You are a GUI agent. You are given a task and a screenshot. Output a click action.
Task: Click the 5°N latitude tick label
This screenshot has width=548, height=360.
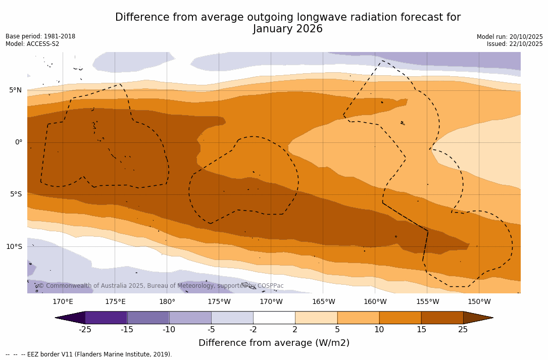click(x=15, y=90)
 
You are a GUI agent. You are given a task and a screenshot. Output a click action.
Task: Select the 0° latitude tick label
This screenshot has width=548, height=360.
click(x=19, y=142)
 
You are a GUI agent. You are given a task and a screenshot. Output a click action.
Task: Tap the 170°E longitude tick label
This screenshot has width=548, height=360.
click(x=63, y=302)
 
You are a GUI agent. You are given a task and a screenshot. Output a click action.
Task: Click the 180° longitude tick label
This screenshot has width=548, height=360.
click(x=167, y=302)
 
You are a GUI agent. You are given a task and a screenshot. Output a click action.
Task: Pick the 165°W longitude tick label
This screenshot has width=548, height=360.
click(x=323, y=302)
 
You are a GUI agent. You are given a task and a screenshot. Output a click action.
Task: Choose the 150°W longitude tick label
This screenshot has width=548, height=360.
click(x=479, y=302)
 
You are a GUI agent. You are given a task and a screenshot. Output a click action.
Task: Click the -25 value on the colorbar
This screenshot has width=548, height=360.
click(x=85, y=330)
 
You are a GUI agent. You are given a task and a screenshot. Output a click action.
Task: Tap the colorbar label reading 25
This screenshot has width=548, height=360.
click(x=463, y=330)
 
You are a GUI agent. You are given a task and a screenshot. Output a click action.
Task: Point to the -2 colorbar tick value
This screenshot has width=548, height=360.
click(x=253, y=330)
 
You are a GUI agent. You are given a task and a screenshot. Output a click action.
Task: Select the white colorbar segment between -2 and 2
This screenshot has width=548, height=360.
click(x=274, y=318)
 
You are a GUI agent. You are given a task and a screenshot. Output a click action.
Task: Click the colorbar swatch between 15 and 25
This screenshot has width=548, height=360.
click(x=442, y=318)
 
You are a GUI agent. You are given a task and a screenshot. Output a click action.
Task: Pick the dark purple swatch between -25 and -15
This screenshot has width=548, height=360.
click(x=106, y=318)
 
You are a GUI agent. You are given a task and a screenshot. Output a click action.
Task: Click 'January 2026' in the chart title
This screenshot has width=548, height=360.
click(x=288, y=29)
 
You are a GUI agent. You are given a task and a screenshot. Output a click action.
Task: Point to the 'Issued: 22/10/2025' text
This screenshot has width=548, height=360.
click(x=515, y=44)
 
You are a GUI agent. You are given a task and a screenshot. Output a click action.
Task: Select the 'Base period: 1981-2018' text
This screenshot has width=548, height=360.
click(x=40, y=36)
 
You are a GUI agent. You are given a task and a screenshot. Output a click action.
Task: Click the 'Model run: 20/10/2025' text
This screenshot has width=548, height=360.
click(x=510, y=37)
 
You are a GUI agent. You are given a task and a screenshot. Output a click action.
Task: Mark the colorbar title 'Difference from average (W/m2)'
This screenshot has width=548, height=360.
click(x=274, y=343)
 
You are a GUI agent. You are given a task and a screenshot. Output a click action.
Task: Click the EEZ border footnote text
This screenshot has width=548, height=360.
click(x=89, y=354)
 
